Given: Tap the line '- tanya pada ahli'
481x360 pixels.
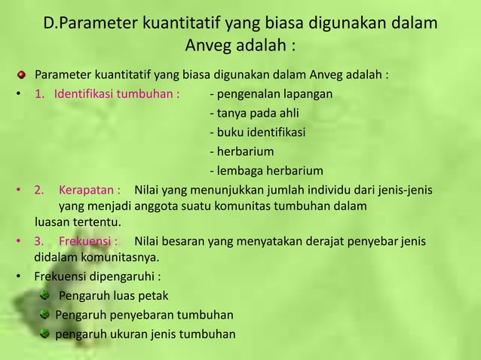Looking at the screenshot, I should pyautogui.click(x=252, y=114).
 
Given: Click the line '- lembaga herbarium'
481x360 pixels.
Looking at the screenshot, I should pyautogui.click(x=266, y=170).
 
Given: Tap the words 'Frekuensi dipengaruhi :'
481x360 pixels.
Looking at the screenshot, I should pyautogui.click(x=97, y=276).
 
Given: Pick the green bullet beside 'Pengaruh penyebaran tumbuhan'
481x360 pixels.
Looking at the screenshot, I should pyautogui.click(x=47, y=315).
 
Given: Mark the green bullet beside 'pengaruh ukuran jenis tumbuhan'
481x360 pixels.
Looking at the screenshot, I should pyautogui.click(x=47, y=334).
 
